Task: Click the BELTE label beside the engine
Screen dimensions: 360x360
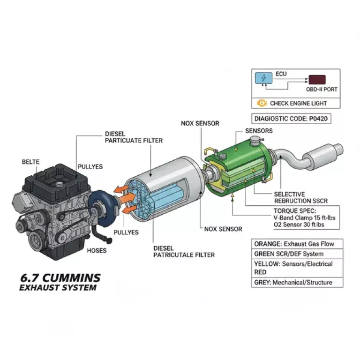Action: point(30,162)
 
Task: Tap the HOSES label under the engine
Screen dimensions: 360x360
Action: point(97,250)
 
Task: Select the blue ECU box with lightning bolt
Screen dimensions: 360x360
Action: point(263,78)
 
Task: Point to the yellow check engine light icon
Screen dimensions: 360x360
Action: point(262,103)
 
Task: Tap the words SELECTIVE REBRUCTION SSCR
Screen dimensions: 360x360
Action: point(300,197)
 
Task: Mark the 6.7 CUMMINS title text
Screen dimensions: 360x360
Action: point(60,277)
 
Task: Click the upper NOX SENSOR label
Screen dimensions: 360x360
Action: point(200,123)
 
